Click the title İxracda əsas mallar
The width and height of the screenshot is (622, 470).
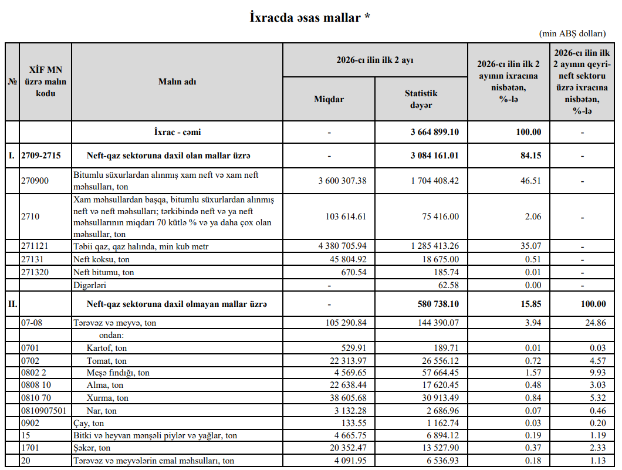[x=310, y=18]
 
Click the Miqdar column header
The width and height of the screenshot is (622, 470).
[x=329, y=99]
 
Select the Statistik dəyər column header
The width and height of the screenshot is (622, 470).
[x=421, y=99]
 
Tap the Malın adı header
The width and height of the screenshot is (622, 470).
[x=177, y=82]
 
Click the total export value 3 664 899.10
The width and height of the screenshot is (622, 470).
[x=434, y=132]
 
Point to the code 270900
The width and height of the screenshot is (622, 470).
[x=35, y=181]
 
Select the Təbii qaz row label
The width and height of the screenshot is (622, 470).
[x=141, y=247]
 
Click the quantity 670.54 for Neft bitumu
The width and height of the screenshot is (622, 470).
[x=353, y=272]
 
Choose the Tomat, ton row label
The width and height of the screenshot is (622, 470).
[x=107, y=361]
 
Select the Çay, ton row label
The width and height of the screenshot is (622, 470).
[x=89, y=423]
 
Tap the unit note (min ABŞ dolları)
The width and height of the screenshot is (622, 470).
[x=576, y=34]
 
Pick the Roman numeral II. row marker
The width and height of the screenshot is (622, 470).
[x=12, y=304]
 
